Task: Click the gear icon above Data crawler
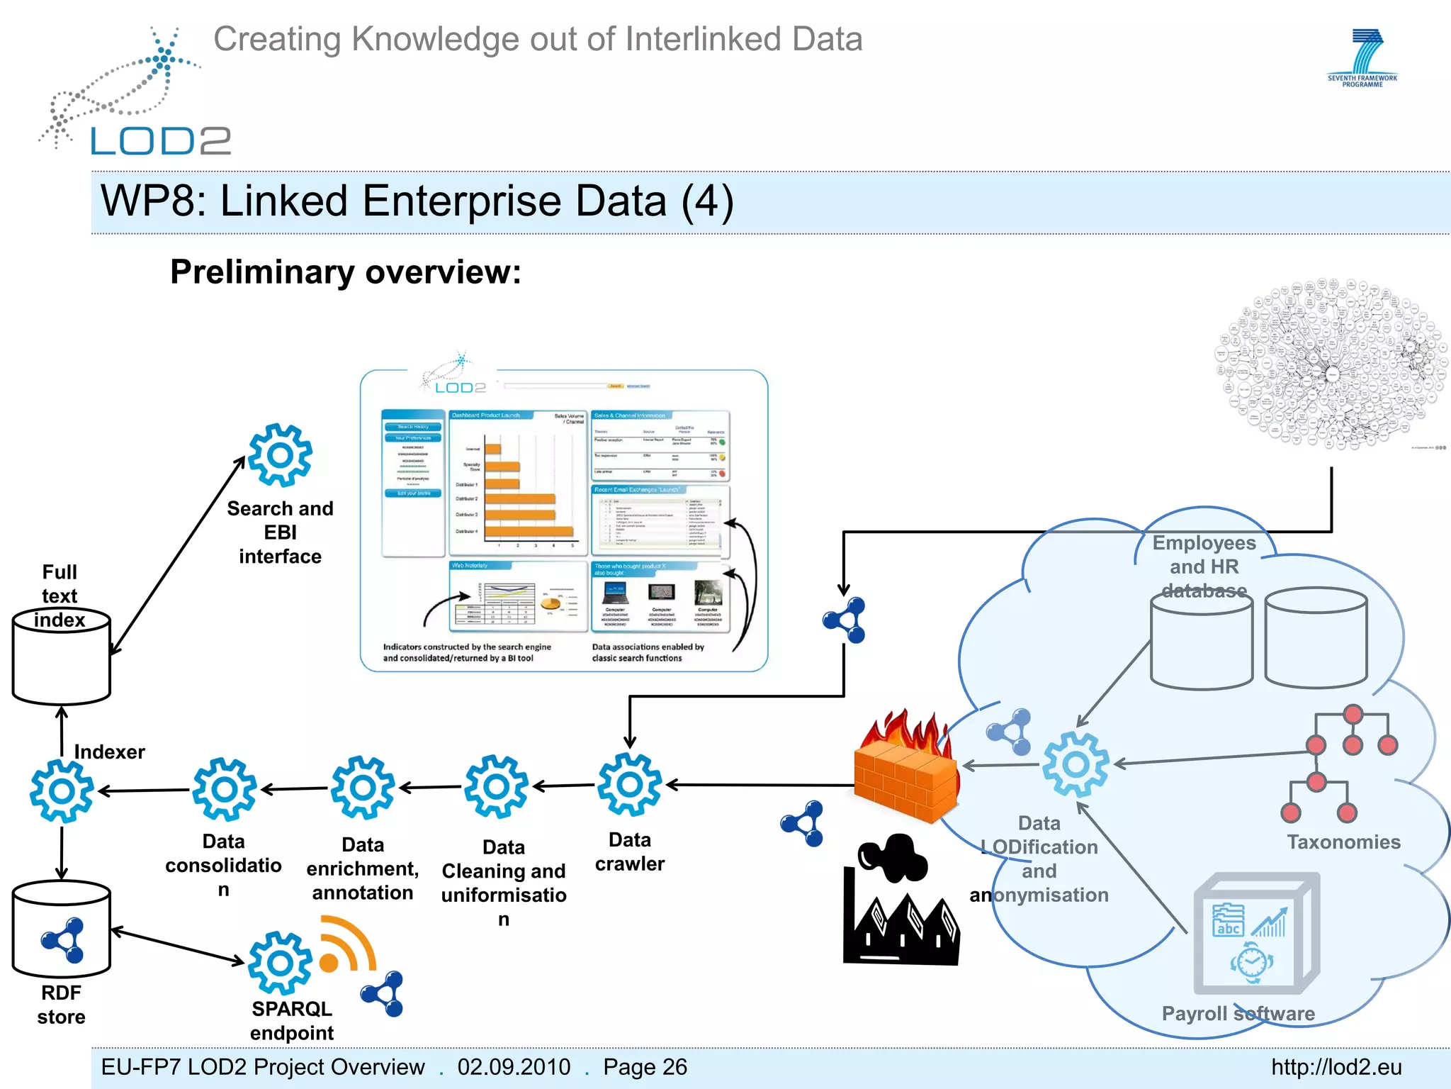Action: (x=630, y=784)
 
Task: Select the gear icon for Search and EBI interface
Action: (x=280, y=455)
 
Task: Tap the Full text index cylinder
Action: (x=62, y=657)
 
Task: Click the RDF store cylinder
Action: (x=62, y=929)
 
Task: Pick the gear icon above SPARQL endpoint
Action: (x=280, y=963)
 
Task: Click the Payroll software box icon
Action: (x=1255, y=935)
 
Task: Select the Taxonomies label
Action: (x=1343, y=842)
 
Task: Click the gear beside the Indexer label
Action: (x=62, y=791)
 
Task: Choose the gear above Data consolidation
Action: (x=224, y=789)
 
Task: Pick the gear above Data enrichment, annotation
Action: (x=363, y=788)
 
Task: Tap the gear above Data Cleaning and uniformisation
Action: (x=496, y=786)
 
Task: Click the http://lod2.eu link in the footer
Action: (x=1336, y=1067)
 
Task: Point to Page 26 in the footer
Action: (x=645, y=1067)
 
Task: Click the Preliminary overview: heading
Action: (x=346, y=272)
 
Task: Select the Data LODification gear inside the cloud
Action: (x=1075, y=765)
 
